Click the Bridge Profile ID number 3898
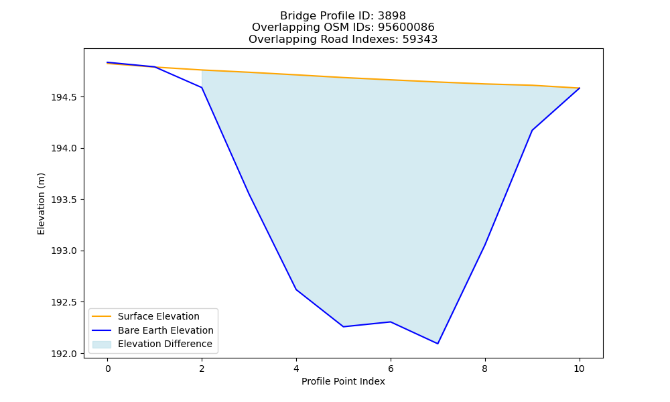(392, 16)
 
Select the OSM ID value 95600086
(406, 27)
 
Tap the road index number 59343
(420, 40)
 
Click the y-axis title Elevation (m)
(41, 204)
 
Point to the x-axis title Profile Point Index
(343, 381)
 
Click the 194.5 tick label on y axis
(64, 97)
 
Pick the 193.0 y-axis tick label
(64, 251)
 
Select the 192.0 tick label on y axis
(64, 354)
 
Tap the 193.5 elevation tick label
(64, 200)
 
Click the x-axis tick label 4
(296, 368)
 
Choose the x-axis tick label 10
(579, 368)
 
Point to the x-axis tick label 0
(108, 368)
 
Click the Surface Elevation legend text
(159, 316)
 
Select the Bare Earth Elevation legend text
(165, 330)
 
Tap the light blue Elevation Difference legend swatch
(102, 344)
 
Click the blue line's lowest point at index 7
(438, 344)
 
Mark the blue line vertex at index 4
(296, 289)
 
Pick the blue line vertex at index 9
(532, 130)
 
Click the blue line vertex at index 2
(202, 88)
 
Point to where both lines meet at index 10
(579, 88)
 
